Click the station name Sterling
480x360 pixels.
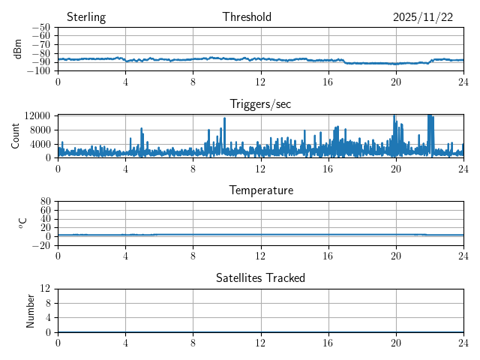pyautogui.click(x=85, y=17)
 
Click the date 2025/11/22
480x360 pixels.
pyautogui.click(x=423, y=17)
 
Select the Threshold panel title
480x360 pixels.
pyautogui.click(x=247, y=17)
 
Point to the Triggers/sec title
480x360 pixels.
pyautogui.click(x=260, y=104)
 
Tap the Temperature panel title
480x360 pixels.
pyautogui.click(x=260, y=190)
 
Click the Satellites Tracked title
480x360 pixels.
pyautogui.click(x=260, y=278)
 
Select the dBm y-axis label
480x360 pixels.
pyautogui.click(x=18, y=49)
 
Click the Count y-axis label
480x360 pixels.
pyautogui.click(x=16, y=136)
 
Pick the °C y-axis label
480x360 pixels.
pyautogui.click(x=22, y=223)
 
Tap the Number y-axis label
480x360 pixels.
pyautogui.click(x=31, y=310)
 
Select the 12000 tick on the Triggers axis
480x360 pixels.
pyautogui.click(x=37, y=115)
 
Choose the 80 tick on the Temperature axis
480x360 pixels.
pyautogui.click(x=45, y=202)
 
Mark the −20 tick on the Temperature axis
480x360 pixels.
pyautogui.click(x=42, y=245)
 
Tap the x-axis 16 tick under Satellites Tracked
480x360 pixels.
pyautogui.click(x=328, y=342)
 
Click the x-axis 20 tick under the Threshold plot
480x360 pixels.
pyautogui.click(x=396, y=81)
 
